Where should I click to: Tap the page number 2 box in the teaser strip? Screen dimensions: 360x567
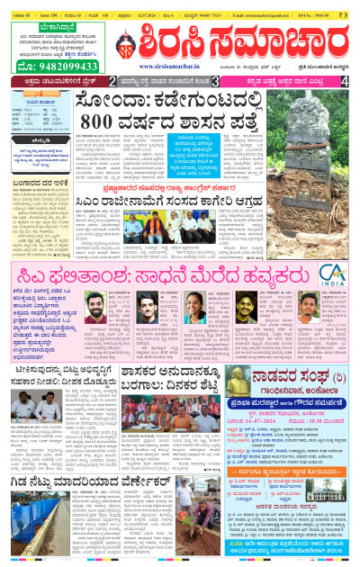tap(112, 81)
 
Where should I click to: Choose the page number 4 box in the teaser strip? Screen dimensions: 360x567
tap(346, 81)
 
